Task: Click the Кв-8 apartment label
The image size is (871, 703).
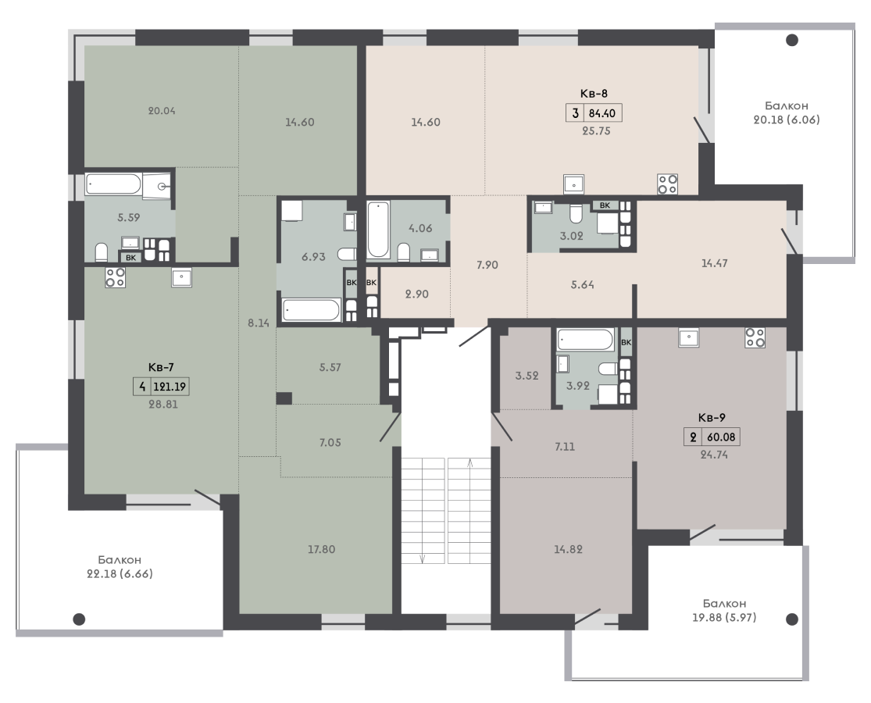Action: [594, 93]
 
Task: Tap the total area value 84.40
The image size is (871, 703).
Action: [602, 113]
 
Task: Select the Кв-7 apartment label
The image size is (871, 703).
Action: [161, 367]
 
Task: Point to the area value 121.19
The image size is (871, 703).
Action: [170, 387]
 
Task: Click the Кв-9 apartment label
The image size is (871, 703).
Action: [712, 418]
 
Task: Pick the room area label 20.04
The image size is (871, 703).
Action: [162, 110]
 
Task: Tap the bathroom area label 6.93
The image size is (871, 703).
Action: [313, 256]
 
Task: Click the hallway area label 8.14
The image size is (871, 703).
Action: [259, 323]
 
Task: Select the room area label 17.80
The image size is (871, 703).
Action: [322, 549]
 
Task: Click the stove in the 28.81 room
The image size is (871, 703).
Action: [116, 277]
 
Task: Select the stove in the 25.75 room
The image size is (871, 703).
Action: [668, 184]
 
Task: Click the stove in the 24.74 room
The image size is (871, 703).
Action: [755, 337]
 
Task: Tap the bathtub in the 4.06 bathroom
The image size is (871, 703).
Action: [378, 230]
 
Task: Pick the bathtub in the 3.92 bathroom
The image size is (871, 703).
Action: [585, 339]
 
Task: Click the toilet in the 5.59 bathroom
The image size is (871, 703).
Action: [101, 252]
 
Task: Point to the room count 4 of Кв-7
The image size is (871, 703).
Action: [142, 387]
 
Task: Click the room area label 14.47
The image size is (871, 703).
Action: [714, 263]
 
